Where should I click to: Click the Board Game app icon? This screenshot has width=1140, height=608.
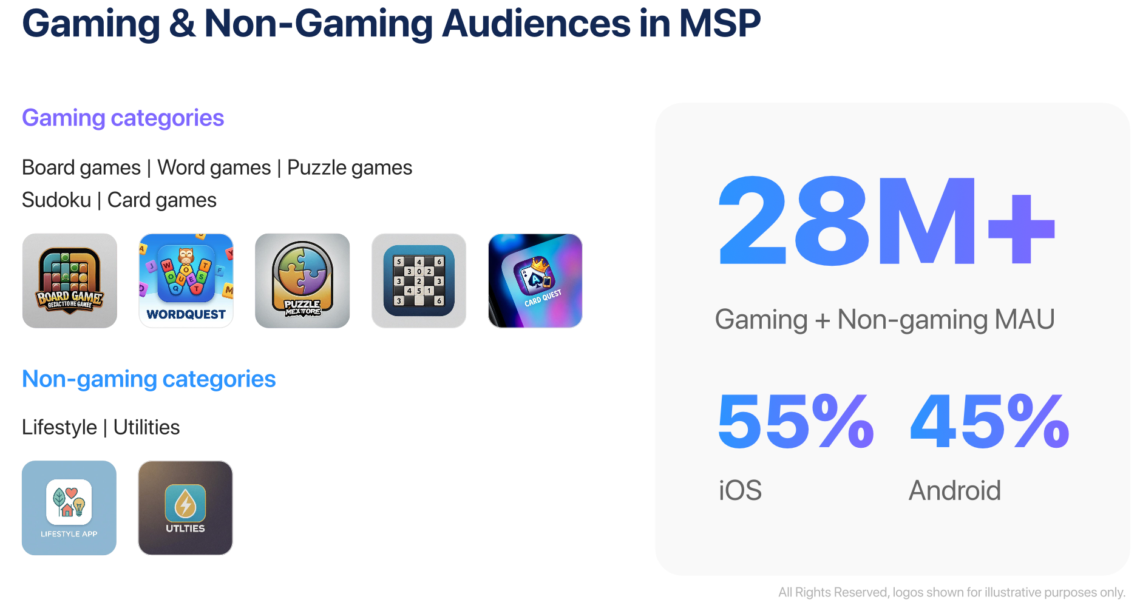point(70,281)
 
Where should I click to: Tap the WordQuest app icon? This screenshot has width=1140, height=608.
point(186,281)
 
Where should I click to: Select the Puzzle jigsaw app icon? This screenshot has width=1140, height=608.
point(302,281)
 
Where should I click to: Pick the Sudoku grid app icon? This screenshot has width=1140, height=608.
point(419,281)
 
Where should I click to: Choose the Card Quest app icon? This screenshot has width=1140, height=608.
point(535,281)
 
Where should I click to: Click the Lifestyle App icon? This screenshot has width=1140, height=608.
point(69,508)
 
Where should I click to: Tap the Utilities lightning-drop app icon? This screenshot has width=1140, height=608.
point(185,508)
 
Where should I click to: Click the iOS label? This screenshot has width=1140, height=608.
point(740,490)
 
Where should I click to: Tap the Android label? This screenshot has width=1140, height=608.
point(954,490)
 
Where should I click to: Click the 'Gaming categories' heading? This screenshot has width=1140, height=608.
point(123,118)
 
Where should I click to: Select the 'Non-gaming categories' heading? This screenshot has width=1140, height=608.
point(149,379)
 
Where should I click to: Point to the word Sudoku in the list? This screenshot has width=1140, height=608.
point(56,200)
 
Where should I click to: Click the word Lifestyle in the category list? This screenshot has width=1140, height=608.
point(59,427)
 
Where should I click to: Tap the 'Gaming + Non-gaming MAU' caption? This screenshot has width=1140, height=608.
point(884,319)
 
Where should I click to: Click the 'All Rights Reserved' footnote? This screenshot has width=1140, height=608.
point(951,592)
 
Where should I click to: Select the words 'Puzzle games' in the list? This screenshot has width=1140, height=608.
point(350,167)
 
